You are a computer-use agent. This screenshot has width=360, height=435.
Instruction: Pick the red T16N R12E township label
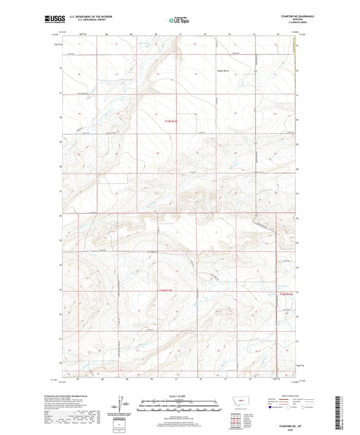click(x=287, y=294)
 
